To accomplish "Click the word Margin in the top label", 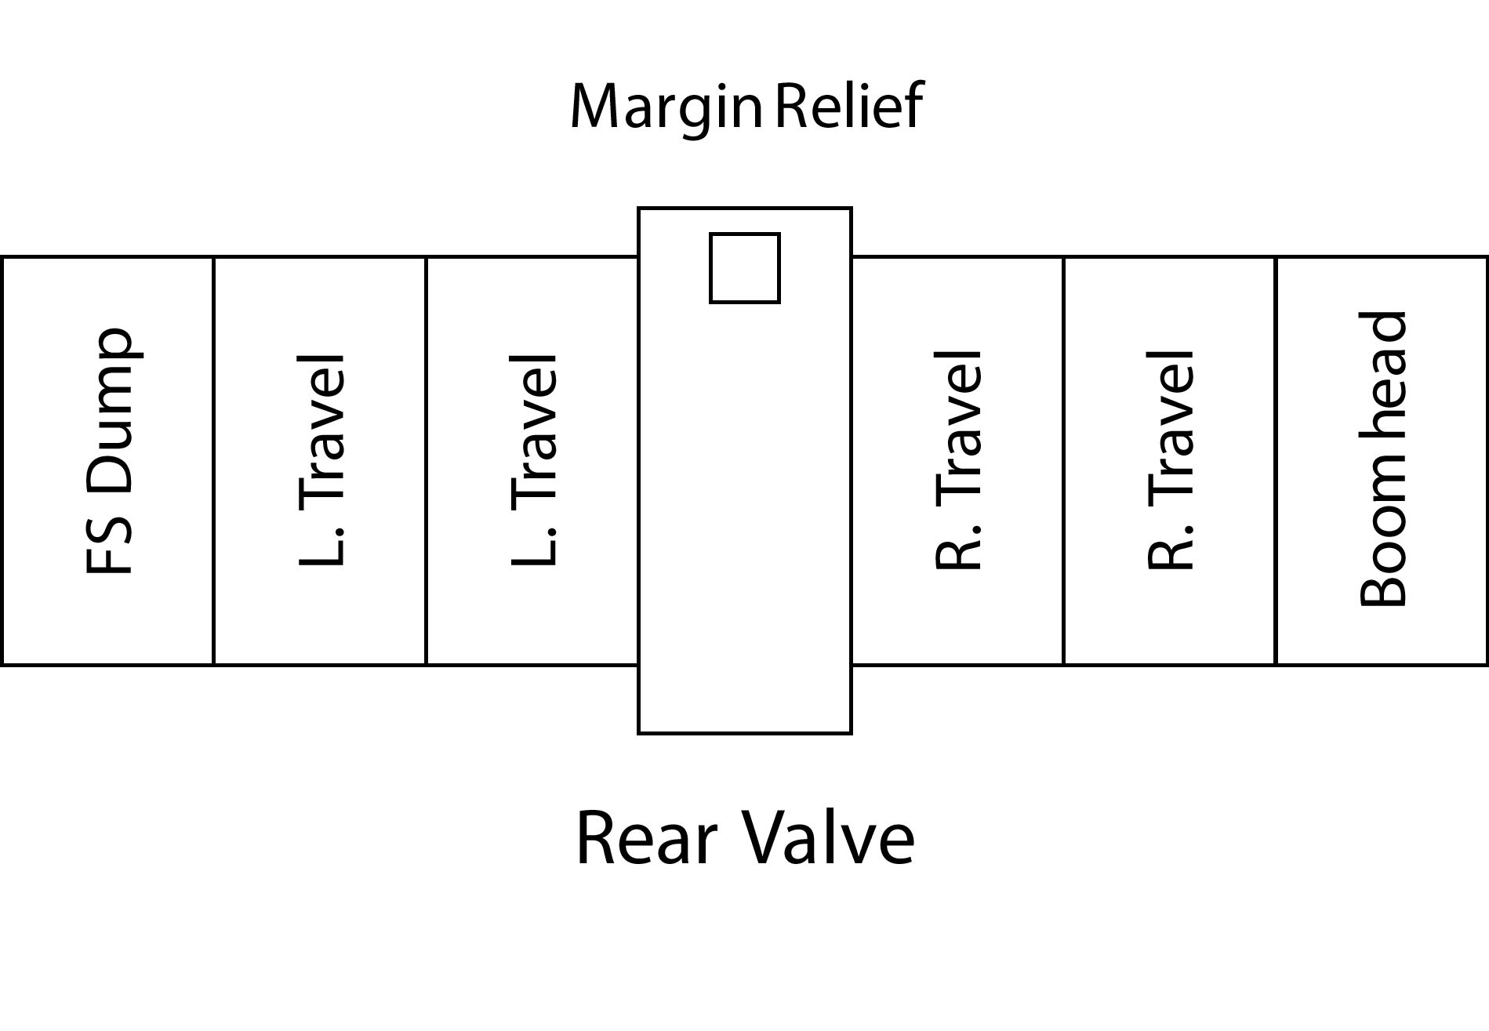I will pyautogui.click(x=665, y=107).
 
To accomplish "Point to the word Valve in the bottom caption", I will pyautogui.click(x=828, y=838).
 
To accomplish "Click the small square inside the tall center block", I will pyautogui.click(x=744, y=268).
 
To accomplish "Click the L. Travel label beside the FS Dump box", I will pyautogui.click(x=321, y=459).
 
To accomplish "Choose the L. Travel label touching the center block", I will pyautogui.click(x=533, y=459).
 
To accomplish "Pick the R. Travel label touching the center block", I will pyautogui.click(x=958, y=459).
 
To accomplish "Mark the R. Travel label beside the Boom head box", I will pyautogui.click(x=1171, y=459).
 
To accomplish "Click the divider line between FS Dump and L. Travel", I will pyautogui.click(x=213, y=461).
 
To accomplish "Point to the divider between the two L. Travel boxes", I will pyautogui.click(x=426, y=461).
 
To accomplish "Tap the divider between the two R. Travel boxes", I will pyautogui.click(x=1063, y=461).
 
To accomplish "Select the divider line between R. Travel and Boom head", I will pyautogui.click(x=1276, y=461).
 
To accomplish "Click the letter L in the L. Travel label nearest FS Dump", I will pyautogui.click(x=321, y=549).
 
